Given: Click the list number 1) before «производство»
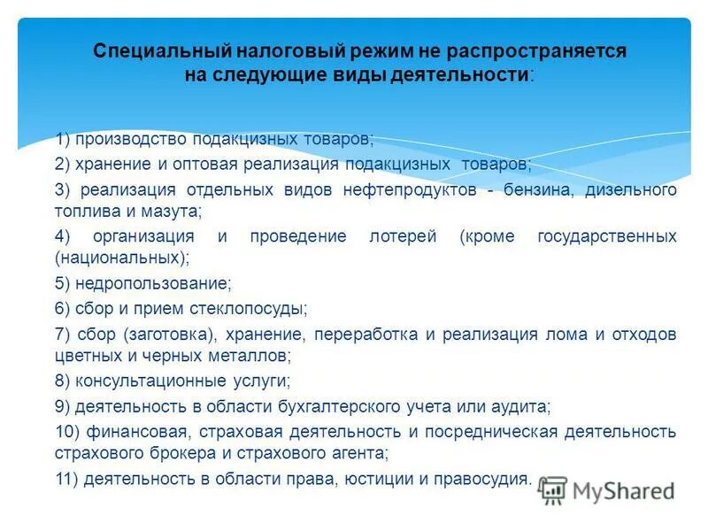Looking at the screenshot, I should [63, 140].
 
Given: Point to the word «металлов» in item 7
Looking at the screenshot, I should [258, 356].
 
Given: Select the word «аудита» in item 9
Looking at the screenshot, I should [524, 407].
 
